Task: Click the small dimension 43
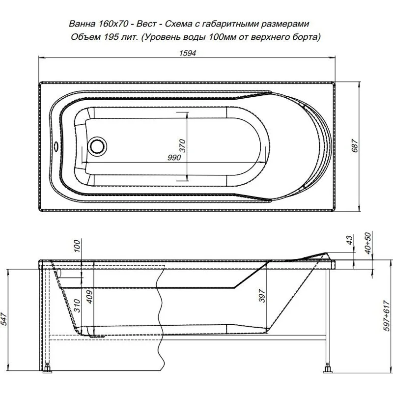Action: click(x=350, y=240)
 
